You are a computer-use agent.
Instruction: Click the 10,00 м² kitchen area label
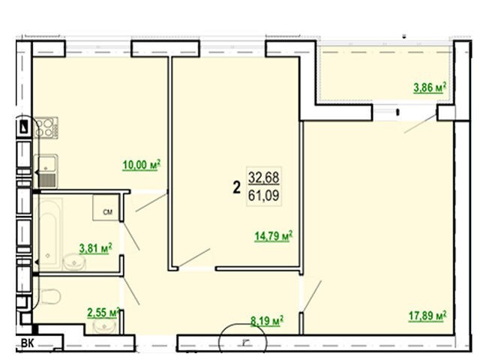click(x=142, y=165)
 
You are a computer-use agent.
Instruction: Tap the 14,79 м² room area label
click(x=273, y=235)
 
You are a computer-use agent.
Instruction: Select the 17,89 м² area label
click(x=427, y=316)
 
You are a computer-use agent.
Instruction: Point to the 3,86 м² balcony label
click(x=430, y=88)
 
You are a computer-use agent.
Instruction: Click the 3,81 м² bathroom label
click(x=95, y=248)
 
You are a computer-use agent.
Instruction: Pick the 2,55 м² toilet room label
click(x=103, y=313)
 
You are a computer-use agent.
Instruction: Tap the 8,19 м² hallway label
click(x=267, y=321)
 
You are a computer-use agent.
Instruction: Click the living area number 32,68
click(x=263, y=178)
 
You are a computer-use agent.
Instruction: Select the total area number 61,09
click(x=263, y=196)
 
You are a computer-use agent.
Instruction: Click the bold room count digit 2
click(x=237, y=187)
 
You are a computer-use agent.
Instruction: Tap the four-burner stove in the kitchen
click(x=46, y=127)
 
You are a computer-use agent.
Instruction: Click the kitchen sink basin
click(x=46, y=171)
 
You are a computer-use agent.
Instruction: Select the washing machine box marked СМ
click(x=106, y=208)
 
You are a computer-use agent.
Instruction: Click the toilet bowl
click(x=49, y=296)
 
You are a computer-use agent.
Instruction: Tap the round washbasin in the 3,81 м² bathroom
click(x=73, y=262)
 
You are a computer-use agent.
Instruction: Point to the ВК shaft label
click(x=28, y=343)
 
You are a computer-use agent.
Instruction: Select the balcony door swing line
click(x=420, y=124)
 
